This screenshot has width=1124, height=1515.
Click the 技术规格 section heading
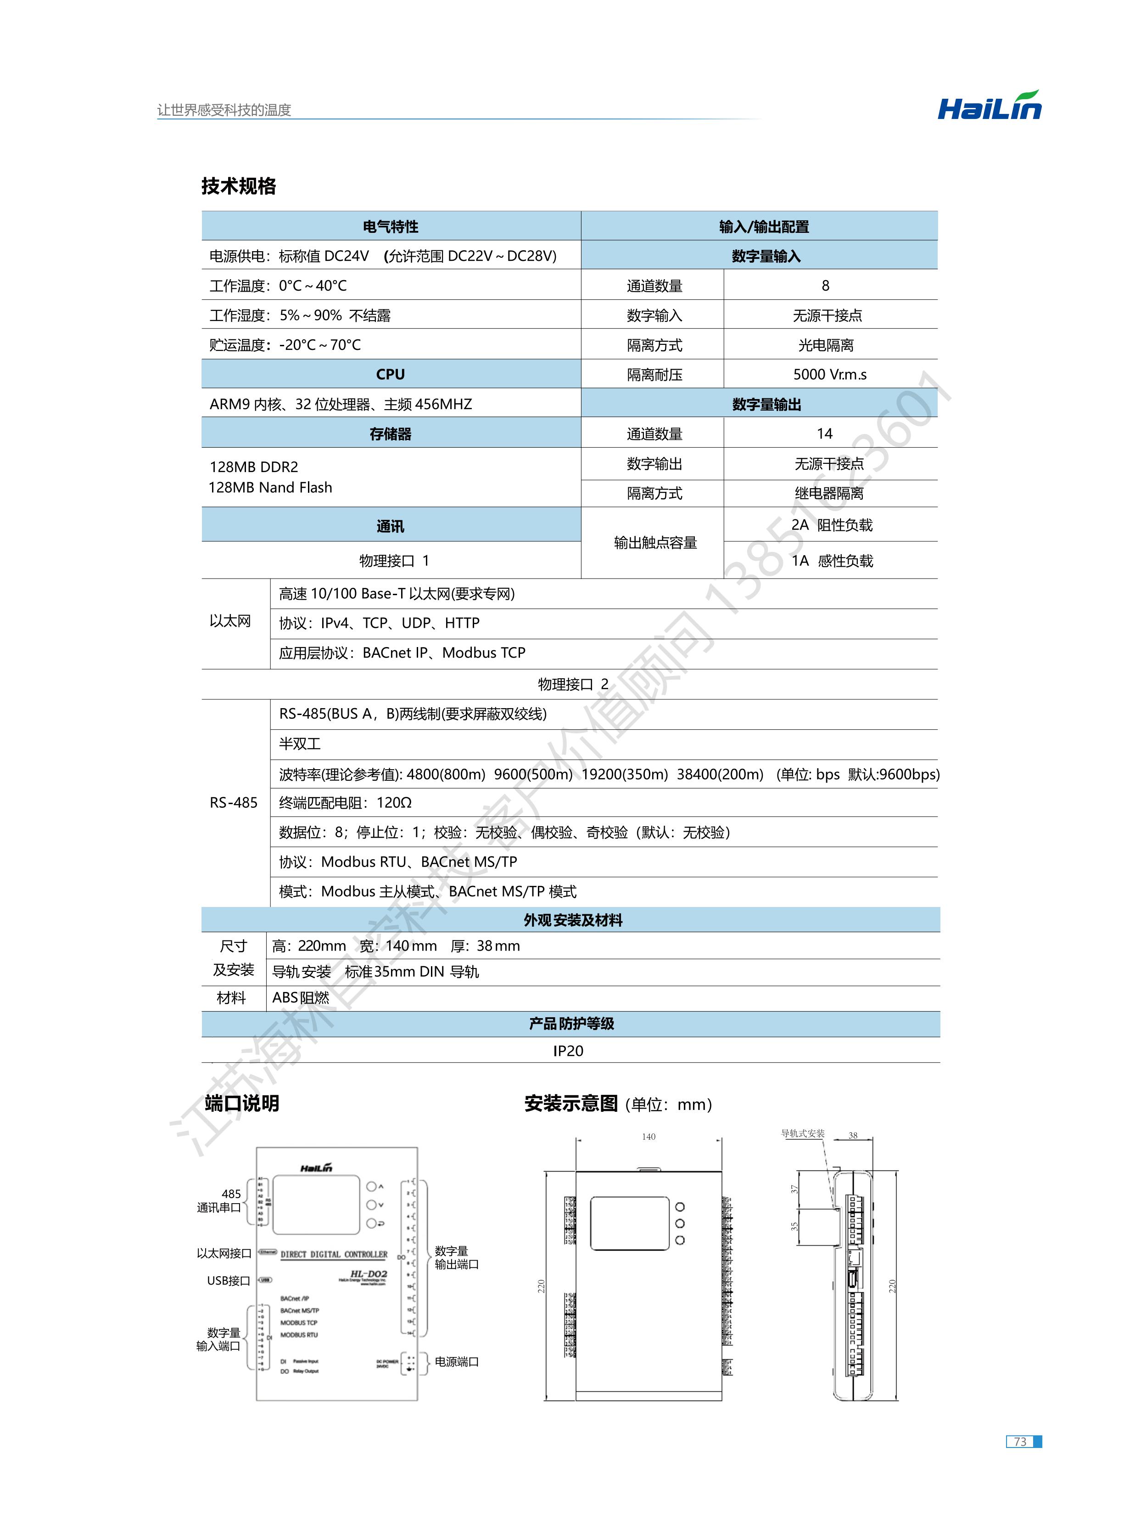[x=238, y=186]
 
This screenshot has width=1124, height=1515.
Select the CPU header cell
[x=391, y=374]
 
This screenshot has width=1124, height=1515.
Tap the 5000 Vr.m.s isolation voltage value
[x=829, y=374]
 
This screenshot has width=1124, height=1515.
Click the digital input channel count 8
[x=825, y=286]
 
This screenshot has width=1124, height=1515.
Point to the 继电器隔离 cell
[x=829, y=493]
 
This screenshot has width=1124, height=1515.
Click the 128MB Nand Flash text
[x=270, y=487]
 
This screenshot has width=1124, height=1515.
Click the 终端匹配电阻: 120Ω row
[x=346, y=802]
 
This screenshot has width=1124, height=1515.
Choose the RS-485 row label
[x=233, y=802]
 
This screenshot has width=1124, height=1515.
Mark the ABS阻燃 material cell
[x=301, y=998]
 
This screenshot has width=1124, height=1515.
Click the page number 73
[x=1020, y=1442]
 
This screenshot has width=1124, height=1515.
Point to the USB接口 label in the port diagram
[x=229, y=1280]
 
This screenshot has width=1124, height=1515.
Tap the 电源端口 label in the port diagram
[x=457, y=1361]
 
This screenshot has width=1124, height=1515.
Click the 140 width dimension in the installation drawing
[x=649, y=1137]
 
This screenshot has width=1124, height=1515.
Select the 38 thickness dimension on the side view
[x=853, y=1135]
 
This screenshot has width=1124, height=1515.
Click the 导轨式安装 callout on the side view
[x=803, y=1133]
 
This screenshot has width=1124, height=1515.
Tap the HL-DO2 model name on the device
[x=368, y=1273]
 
